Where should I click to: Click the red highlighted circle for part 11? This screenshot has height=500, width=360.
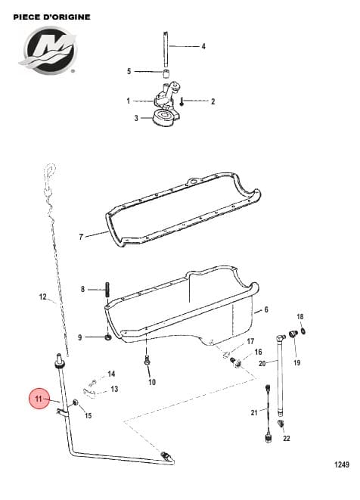pyautogui.click(x=39, y=400)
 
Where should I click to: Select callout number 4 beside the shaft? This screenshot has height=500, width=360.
pyautogui.click(x=203, y=47)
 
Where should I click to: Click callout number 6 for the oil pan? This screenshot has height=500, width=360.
pyautogui.click(x=266, y=310)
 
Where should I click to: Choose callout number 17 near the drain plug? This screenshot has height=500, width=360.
pyautogui.click(x=250, y=342)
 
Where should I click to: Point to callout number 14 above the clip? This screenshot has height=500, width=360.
pyautogui.click(x=111, y=374)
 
